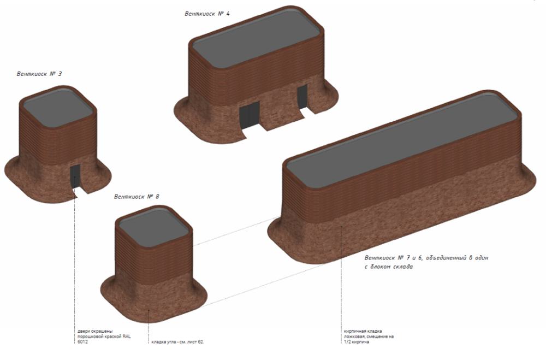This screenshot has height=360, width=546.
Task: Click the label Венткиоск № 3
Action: click(41, 74)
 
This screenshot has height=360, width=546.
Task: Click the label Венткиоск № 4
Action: click(206, 13)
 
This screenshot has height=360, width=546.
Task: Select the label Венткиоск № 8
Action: click(136, 196)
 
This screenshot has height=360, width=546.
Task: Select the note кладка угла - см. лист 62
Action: click(177, 343)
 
